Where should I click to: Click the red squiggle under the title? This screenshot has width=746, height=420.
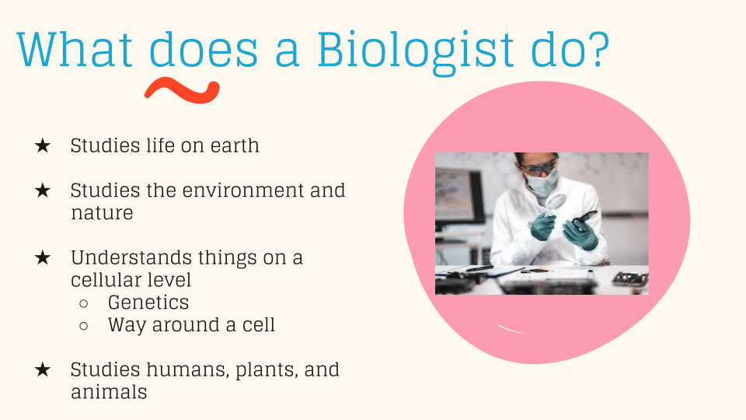tap(182, 90)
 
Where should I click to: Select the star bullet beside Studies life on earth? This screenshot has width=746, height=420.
tap(42, 145)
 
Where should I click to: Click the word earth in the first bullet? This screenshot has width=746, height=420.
tap(235, 145)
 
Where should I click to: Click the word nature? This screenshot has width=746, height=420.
tap(102, 213)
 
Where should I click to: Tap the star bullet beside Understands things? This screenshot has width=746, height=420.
tap(42, 257)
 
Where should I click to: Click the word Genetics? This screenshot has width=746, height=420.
tap(148, 303)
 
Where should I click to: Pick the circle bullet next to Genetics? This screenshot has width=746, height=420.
tap(84, 303)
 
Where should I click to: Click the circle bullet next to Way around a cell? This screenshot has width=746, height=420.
tap(84, 326)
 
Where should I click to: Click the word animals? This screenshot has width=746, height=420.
tap(109, 392)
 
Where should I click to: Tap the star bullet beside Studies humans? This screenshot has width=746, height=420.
tap(42, 369)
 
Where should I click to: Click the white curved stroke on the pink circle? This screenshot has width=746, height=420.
tap(512, 330)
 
